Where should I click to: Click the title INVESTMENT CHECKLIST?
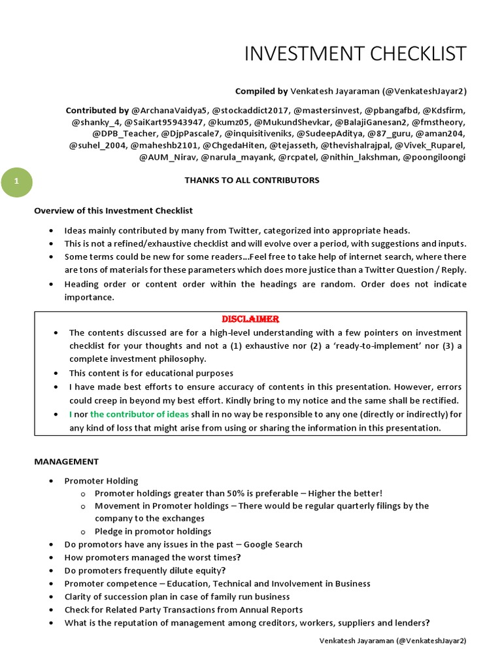click(356, 54)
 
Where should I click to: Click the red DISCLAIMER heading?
click(250, 319)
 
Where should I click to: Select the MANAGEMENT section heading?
click(66, 461)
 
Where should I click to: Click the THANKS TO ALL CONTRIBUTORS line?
click(252, 180)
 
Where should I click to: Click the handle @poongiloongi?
click(435, 157)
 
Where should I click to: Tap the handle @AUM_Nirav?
click(167, 157)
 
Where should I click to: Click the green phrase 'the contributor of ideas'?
click(139, 414)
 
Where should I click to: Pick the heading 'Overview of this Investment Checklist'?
click(113, 211)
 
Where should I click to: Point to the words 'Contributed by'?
click(97, 111)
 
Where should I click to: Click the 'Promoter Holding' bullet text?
click(101, 481)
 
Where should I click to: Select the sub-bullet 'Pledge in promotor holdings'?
click(153, 531)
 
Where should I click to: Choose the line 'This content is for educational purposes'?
click(151, 373)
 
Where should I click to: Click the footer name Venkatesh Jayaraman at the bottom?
click(356, 641)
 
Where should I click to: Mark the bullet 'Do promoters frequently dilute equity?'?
click(144, 570)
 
